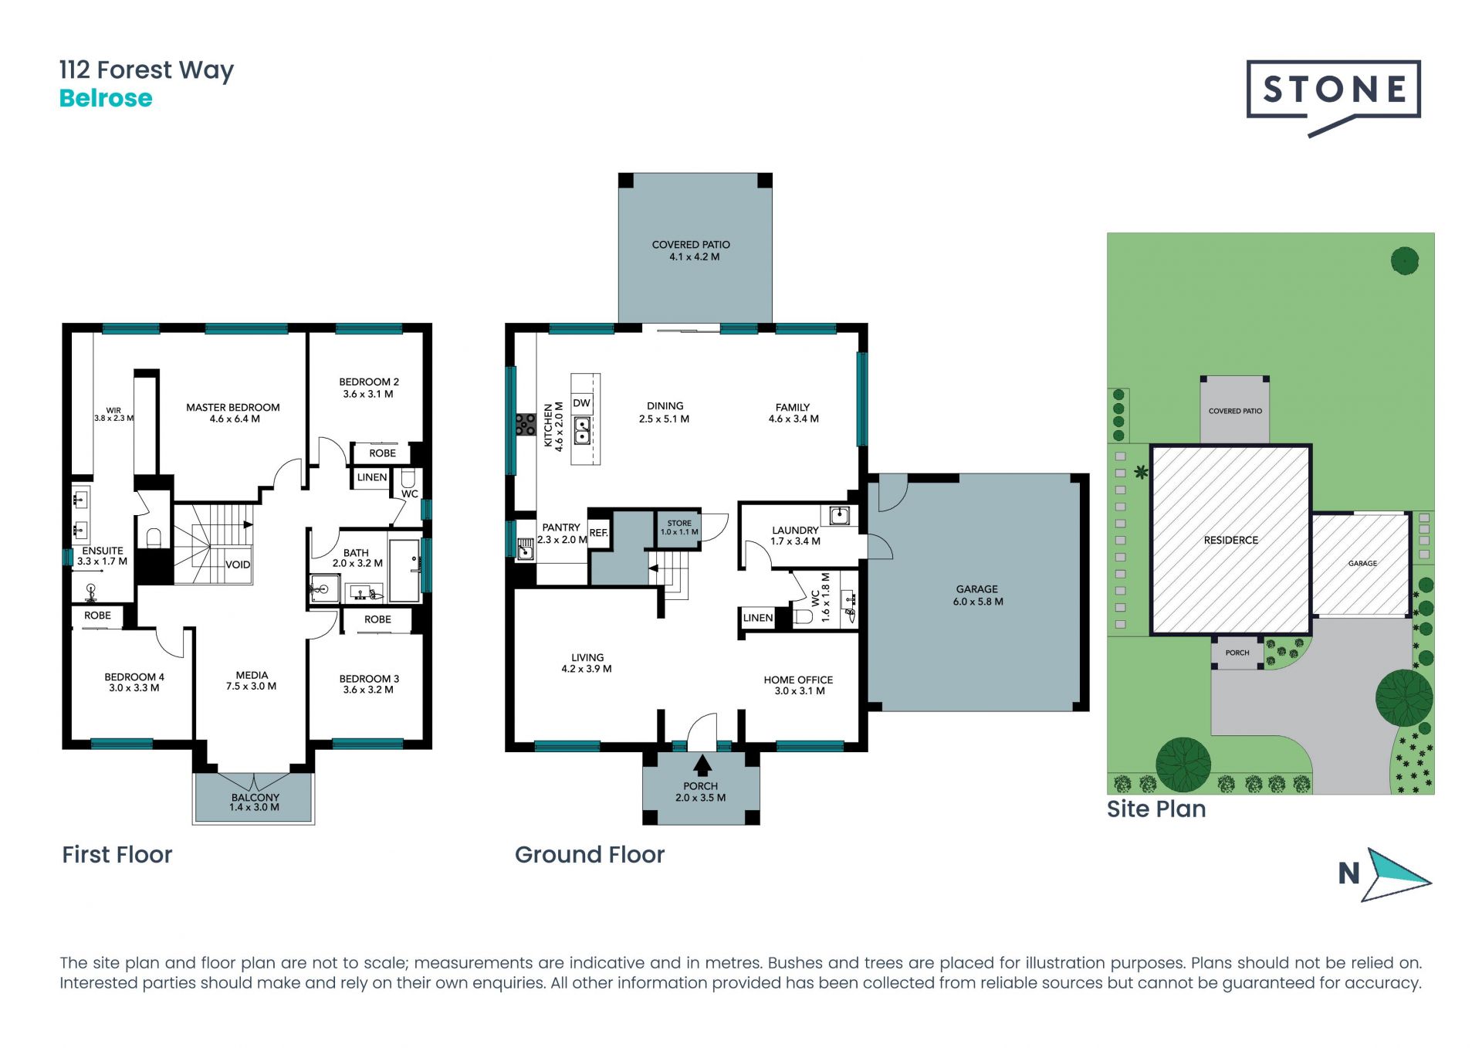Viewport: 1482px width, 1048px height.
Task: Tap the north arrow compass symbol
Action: pyautogui.click(x=1385, y=874)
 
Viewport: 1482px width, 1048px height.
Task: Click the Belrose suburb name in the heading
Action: pyautogui.click(x=106, y=98)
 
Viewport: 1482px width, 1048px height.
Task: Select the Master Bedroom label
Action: pyautogui.click(x=233, y=413)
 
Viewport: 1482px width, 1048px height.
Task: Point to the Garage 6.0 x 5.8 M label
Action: pyautogui.click(x=977, y=595)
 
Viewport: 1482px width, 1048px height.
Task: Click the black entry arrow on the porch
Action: pyautogui.click(x=702, y=765)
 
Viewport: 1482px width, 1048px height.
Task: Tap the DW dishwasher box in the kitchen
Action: pyautogui.click(x=581, y=403)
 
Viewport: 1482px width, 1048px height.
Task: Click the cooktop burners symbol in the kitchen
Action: pyautogui.click(x=526, y=425)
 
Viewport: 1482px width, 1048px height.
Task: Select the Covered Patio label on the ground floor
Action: pyautogui.click(x=691, y=250)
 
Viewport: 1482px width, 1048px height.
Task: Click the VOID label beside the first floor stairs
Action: pyautogui.click(x=238, y=565)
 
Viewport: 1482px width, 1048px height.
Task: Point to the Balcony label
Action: pyautogui.click(x=255, y=802)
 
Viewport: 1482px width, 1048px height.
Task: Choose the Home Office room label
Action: pyautogui.click(x=798, y=685)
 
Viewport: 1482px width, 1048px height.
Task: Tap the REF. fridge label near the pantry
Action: pyautogui.click(x=598, y=533)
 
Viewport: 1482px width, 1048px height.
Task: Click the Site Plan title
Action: pyautogui.click(x=1156, y=809)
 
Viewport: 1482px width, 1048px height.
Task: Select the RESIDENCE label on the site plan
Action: pyautogui.click(x=1231, y=540)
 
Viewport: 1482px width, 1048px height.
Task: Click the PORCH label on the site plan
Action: pyautogui.click(x=1237, y=653)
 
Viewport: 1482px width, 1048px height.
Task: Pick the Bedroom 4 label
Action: pyautogui.click(x=134, y=682)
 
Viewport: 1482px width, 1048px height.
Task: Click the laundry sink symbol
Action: pyautogui.click(x=839, y=515)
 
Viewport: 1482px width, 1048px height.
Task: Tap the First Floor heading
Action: pyautogui.click(x=117, y=854)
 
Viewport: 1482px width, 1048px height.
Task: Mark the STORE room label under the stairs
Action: pyautogui.click(x=679, y=527)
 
